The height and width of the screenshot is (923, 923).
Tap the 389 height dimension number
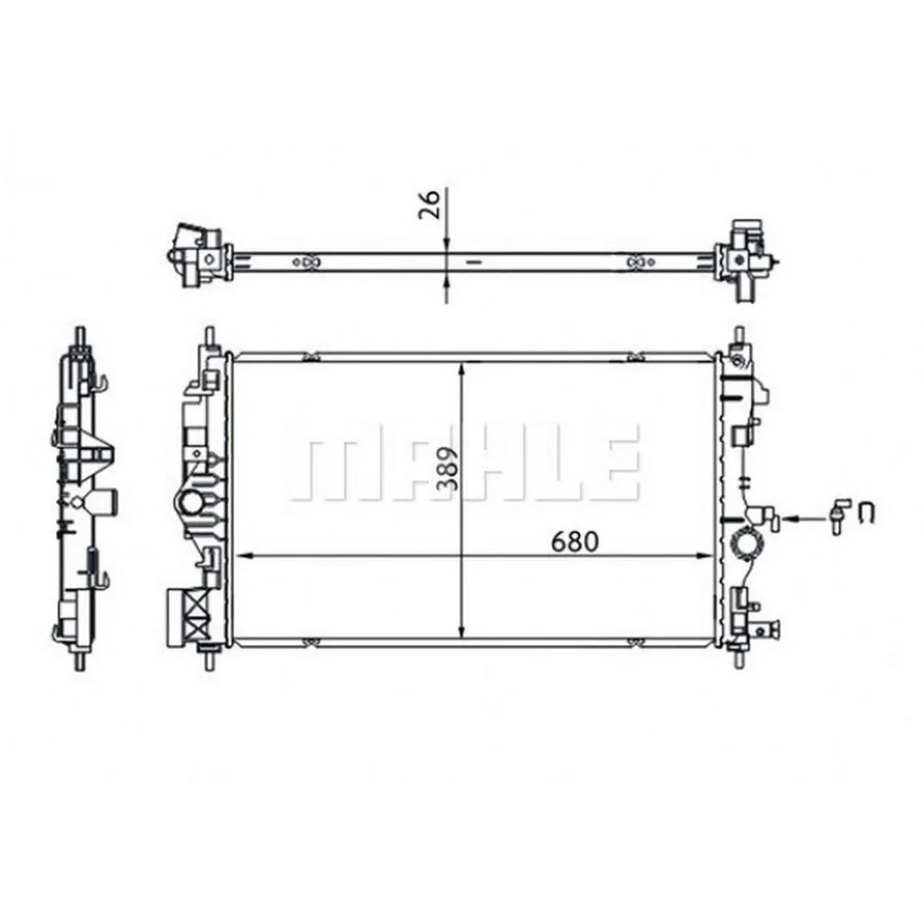point(449,471)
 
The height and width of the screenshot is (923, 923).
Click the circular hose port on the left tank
point(191,504)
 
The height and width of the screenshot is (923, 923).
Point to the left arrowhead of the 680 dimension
point(244,557)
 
